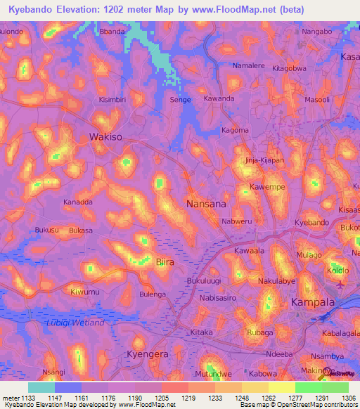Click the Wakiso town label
click(x=107, y=137)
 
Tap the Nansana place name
click(x=206, y=203)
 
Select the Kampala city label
click(x=312, y=302)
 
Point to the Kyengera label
click(x=147, y=354)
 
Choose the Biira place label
click(x=164, y=262)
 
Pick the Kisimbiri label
click(x=112, y=100)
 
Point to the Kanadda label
click(x=78, y=202)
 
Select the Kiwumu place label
click(x=85, y=291)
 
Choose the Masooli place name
click(x=317, y=100)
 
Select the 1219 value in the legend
click(x=188, y=398)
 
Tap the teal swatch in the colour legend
click(x=41, y=387)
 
